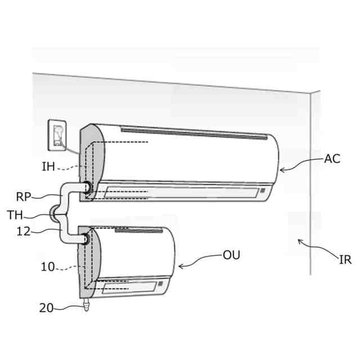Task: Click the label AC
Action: point(332,159)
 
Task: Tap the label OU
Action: point(231,255)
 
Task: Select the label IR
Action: point(345,260)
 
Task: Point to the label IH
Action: point(48,166)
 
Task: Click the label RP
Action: point(24,197)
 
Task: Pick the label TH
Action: point(15,215)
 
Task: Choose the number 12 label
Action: point(24,231)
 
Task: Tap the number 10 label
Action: point(48,267)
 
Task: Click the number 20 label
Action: point(46,308)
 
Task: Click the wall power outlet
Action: point(57,135)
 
